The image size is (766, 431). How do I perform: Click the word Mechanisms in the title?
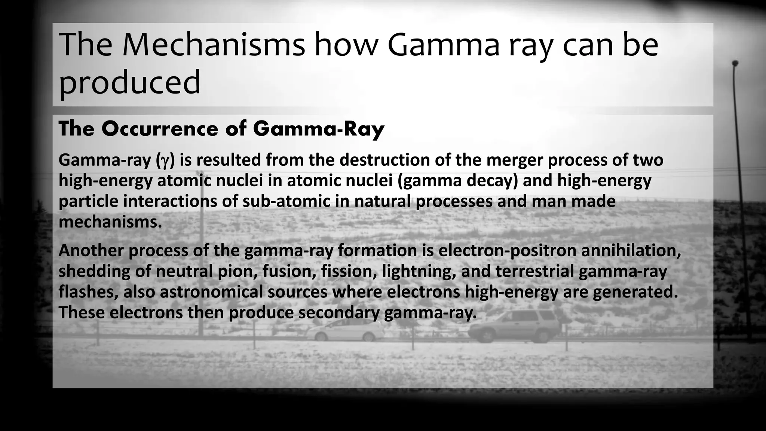(x=213, y=45)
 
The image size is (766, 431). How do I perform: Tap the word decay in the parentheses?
(x=493, y=181)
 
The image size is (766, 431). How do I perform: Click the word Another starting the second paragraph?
(x=91, y=250)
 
